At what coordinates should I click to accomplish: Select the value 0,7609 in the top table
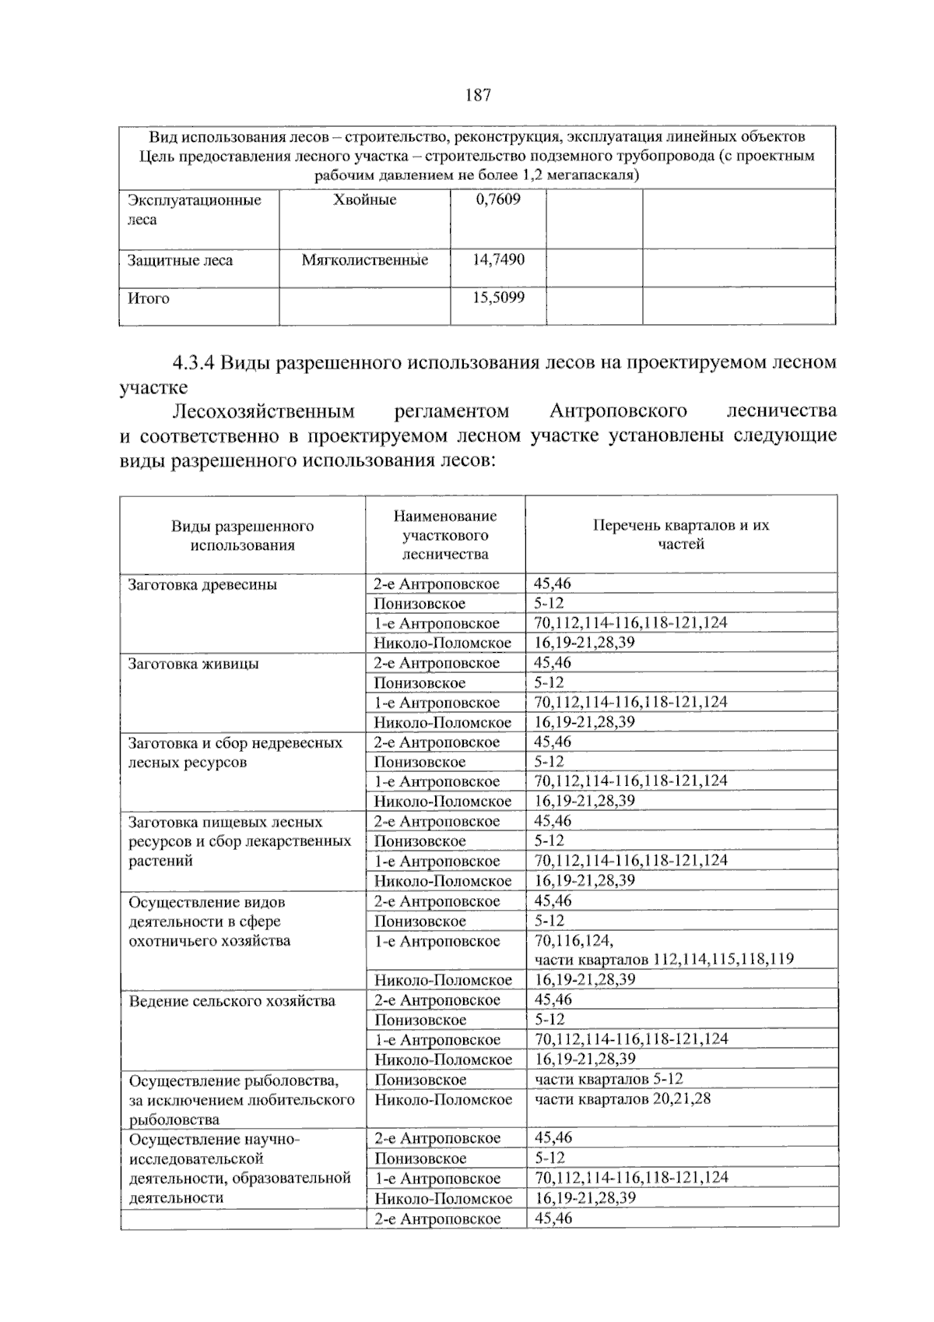(x=498, y=199)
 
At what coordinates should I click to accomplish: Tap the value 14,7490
(x=498, y=259)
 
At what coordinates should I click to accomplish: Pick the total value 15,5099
(x=498, y=298)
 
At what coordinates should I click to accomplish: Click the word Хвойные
(x=364, y=200)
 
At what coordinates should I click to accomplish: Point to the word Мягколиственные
(x=364, y=260)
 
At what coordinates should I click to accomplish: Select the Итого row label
(x=149, y=298)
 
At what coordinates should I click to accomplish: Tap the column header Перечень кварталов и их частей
(x=681, y=534)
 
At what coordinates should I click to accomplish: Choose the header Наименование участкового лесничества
(x=445, y=535)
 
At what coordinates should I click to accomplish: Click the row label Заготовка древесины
(x=202, y=584)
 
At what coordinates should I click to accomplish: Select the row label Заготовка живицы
(x=194, y=664)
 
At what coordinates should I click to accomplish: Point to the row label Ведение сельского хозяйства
(x=232, y=1000)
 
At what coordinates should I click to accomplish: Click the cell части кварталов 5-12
(x=609, y=1079)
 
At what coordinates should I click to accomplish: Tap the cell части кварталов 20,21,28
(x=623, y=1099)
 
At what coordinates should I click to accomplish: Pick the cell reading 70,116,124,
(x=574, y=940)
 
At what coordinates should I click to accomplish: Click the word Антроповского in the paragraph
(x=618, y=411)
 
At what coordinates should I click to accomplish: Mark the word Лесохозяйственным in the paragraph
(x=263, y=411)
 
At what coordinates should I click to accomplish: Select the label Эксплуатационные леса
(x=194, y=210)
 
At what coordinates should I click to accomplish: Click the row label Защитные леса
(x=180, y=260)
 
